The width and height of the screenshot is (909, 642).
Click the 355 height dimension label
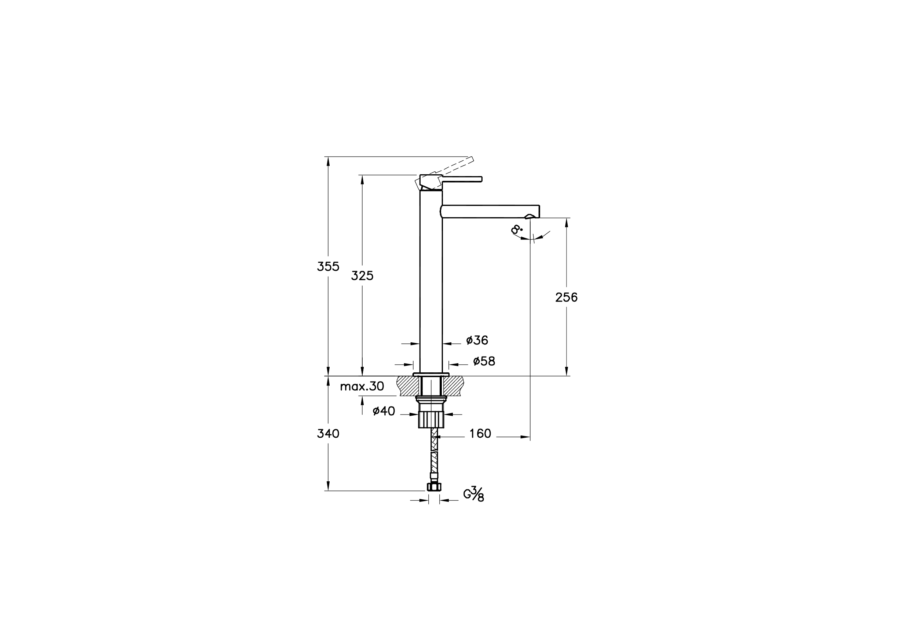pos(328,267)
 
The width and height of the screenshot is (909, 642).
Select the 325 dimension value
pos(362,276)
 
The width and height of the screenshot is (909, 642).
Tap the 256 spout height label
pos(566,297)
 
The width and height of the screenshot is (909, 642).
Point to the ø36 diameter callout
pos(477,340)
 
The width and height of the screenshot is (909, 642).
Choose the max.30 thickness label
pos(362,387)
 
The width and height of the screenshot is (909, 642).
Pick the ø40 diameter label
pos(384,411)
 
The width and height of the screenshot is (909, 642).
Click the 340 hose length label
pos(328,434)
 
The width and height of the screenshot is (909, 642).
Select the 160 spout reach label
pos(480,434)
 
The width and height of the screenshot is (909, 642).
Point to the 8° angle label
pos(516,229)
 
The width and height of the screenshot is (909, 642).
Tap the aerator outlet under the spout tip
pos(530,217)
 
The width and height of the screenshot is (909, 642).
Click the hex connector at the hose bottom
pos(434,487)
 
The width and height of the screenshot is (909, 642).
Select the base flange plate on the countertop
pos(431,374)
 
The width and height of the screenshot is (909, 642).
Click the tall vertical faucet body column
pos(431,277)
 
